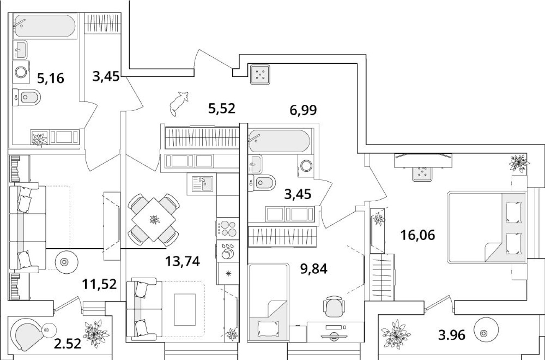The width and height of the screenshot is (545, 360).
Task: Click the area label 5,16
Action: [x=51, y=77]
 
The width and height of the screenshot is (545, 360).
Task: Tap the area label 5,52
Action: [x=222, y=108]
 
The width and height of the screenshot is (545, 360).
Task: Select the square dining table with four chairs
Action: [x=154, y=219]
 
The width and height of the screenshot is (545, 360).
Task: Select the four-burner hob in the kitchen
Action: [x=227, y=228]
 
